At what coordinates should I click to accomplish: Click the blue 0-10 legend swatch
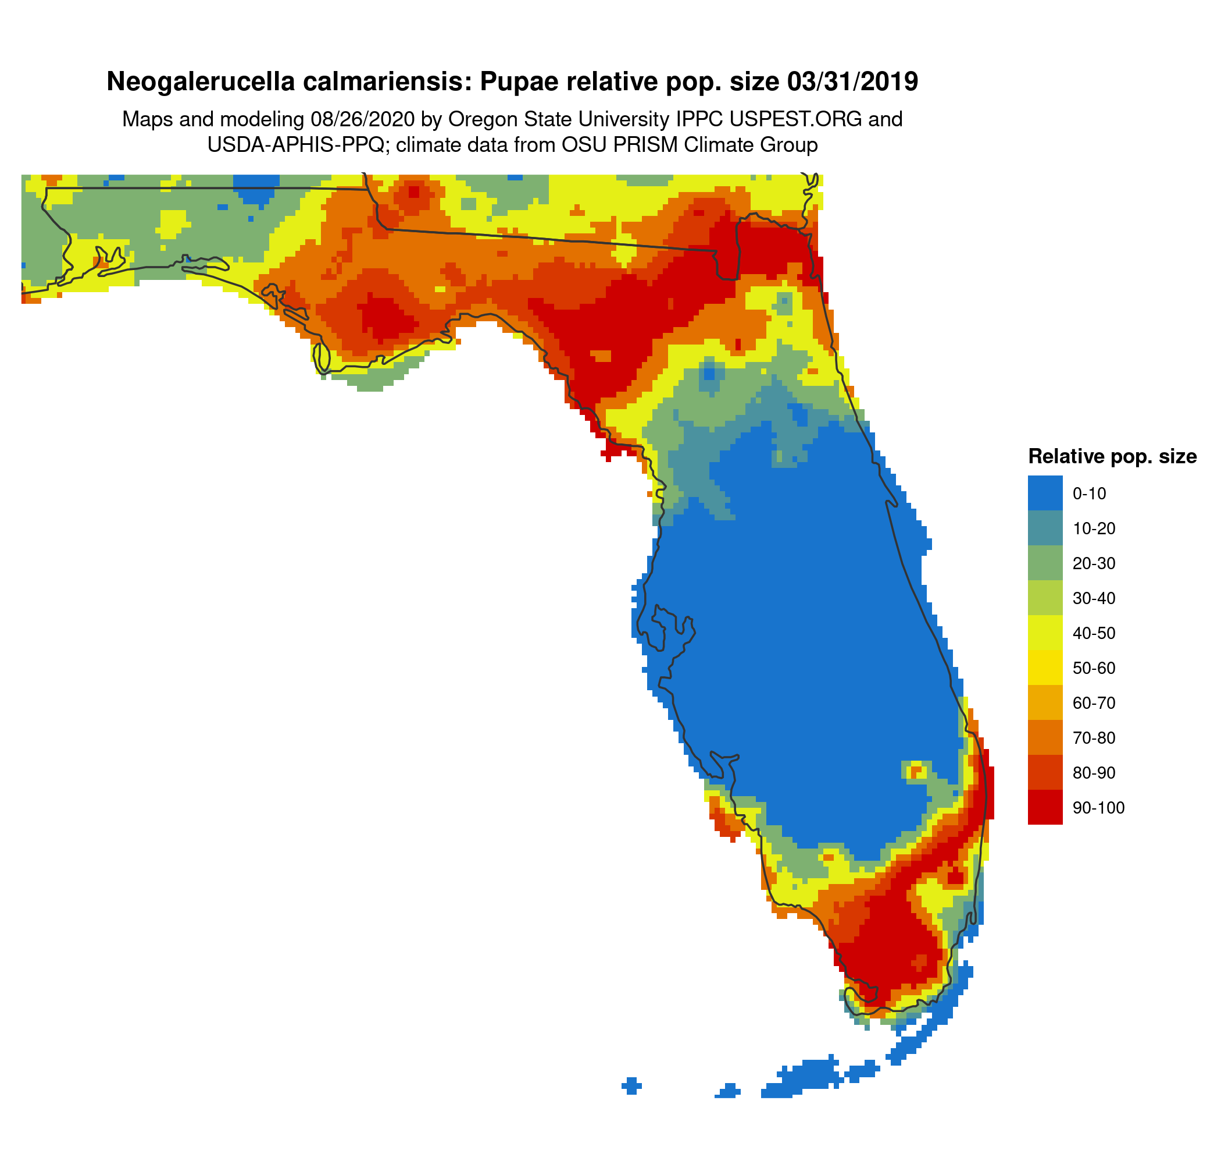[x=1045, y=493]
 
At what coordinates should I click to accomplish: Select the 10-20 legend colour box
[x=1045, y=528]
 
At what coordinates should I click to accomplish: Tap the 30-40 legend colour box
[x=1045, y=598]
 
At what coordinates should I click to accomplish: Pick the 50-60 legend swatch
[x=1045, y=668]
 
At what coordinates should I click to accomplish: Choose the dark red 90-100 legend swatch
[x=1045, y=808]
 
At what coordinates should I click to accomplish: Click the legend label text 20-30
[x=1094, y=563]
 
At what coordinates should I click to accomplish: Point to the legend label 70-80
[x=1094, y=738]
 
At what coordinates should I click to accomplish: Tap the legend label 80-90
[x=1094, y=773]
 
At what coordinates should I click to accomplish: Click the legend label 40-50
[x=1094, y=634]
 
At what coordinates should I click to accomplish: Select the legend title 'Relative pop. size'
[x=1112, y=457]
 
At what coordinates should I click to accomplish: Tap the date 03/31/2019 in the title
[x=852, y=81]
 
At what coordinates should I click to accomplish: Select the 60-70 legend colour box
[x=1045, y=703]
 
